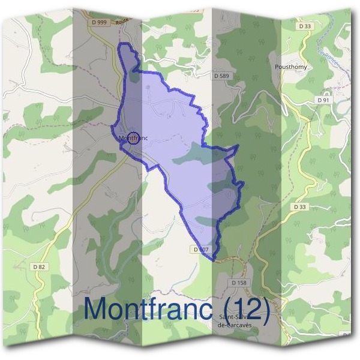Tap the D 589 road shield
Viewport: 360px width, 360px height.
[221, 76]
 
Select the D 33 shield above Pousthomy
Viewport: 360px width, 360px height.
[305, 26]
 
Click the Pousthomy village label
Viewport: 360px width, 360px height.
[290, 67]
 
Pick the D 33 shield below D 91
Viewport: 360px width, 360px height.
[300, 206]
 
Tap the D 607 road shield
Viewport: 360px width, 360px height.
[201, 249]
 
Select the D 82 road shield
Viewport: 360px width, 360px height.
[39, 266]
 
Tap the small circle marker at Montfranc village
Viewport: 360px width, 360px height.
[134, 137]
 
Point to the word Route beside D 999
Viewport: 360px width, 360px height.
[122, 20]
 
